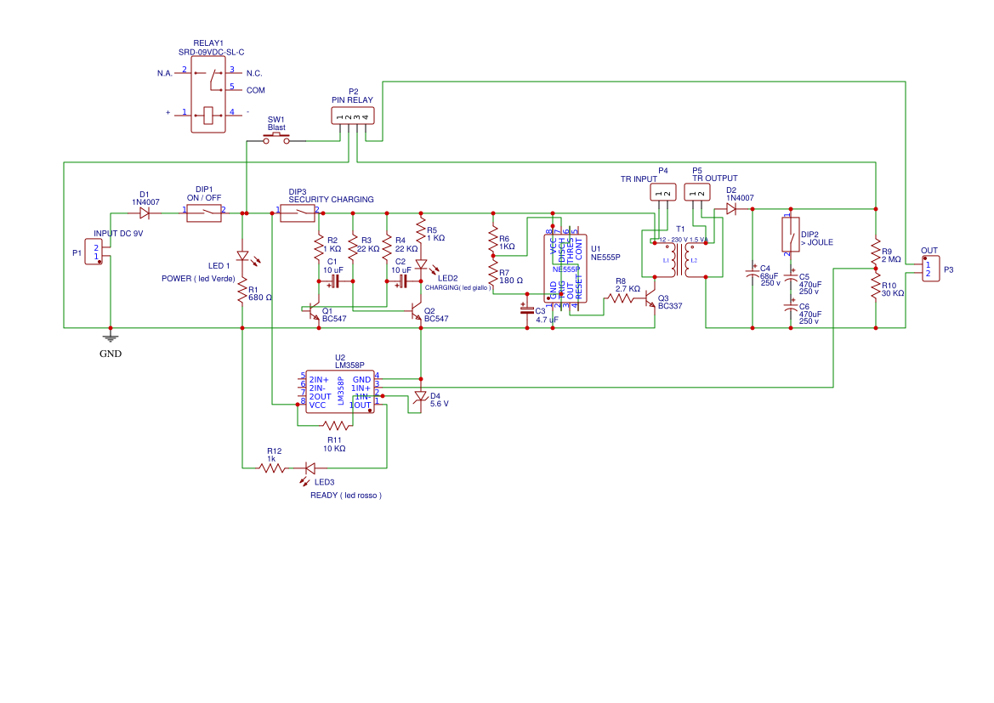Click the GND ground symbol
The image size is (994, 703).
click(x=110, y=338)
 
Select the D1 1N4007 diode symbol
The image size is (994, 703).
click(x=145, y=213)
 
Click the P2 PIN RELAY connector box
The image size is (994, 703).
click(x=352, y=116)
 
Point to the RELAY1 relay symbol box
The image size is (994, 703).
click(x=208, y=94)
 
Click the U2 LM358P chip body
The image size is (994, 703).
click(x=339, y=391)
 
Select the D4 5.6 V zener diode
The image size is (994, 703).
click(x=421, y=396)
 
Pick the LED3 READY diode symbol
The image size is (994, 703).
click(x=310, y=468)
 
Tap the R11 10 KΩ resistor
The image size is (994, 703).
click(x=335, y=425)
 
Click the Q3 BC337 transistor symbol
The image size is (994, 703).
click(x=650, y=300)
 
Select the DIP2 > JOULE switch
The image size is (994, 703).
click(x=791, y=235)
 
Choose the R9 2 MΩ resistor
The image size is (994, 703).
click(x=876, y=252)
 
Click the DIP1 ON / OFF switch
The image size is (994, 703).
click(x=204, y=213)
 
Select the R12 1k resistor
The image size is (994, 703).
click(x=272, y=468)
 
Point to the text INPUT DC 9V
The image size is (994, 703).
click(x=118, y=233)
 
